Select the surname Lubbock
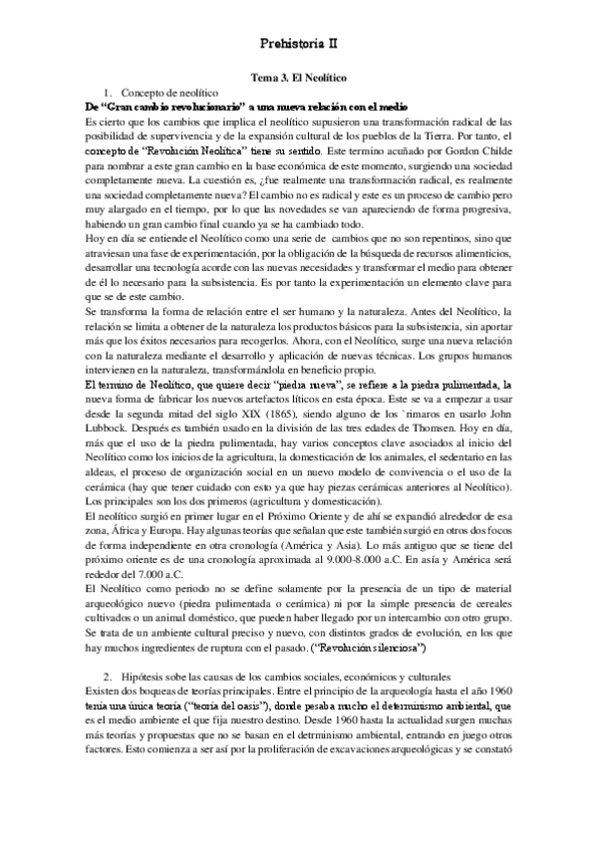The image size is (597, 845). [x=87, y=398]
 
